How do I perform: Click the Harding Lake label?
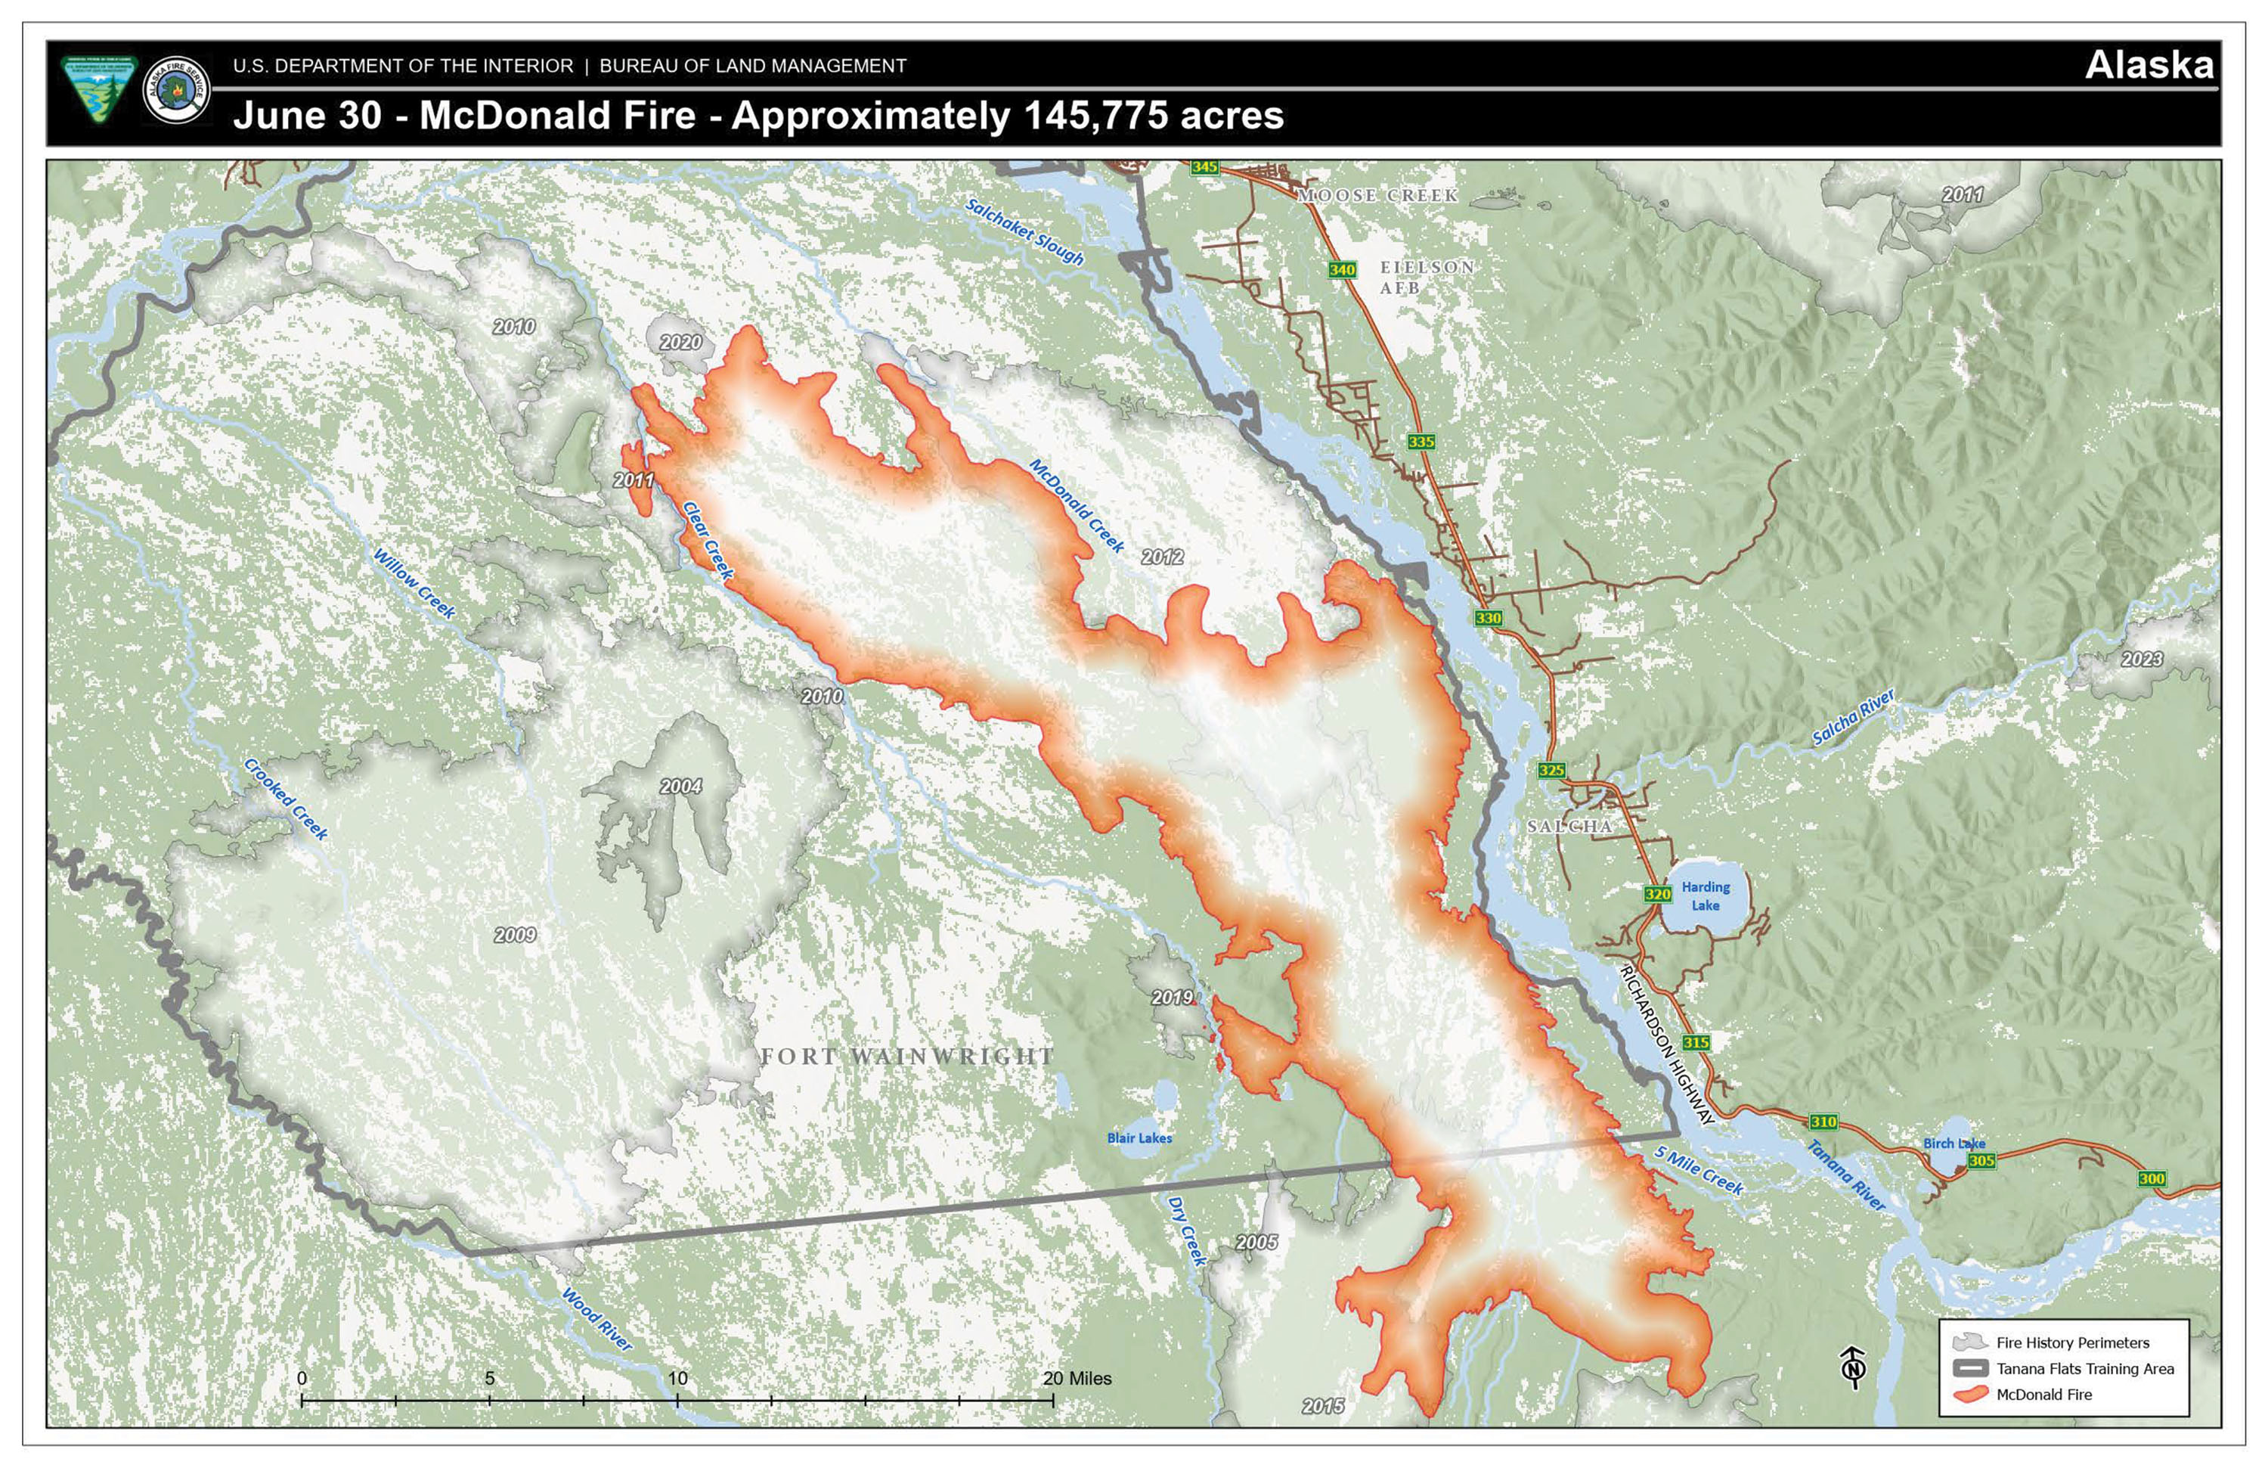(x=1705, y=896)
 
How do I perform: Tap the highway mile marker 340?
(x=1342, y=270)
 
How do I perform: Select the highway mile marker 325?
(x=1551, y=770)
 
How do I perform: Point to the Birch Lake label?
(x=1954, y=1143)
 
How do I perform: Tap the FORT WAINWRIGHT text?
(x=906, y=1057)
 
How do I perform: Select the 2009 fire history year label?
(x=515, y=935)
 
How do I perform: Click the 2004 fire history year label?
(x=680, y=787)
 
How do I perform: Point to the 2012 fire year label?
(x=1162, y=557)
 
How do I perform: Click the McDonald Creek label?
(x=1077, y=505)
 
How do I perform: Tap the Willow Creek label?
(x=414, y=583)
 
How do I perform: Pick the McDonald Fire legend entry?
(x=2043, y=1395)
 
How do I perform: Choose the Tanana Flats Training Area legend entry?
(x=2084, y=1369)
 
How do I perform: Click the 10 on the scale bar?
(x=677, y=1379)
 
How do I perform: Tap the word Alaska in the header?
(x=2148, y=65)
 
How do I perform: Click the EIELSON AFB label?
(x=1426, y=278)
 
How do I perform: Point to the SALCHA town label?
(x=1569, y=827)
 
